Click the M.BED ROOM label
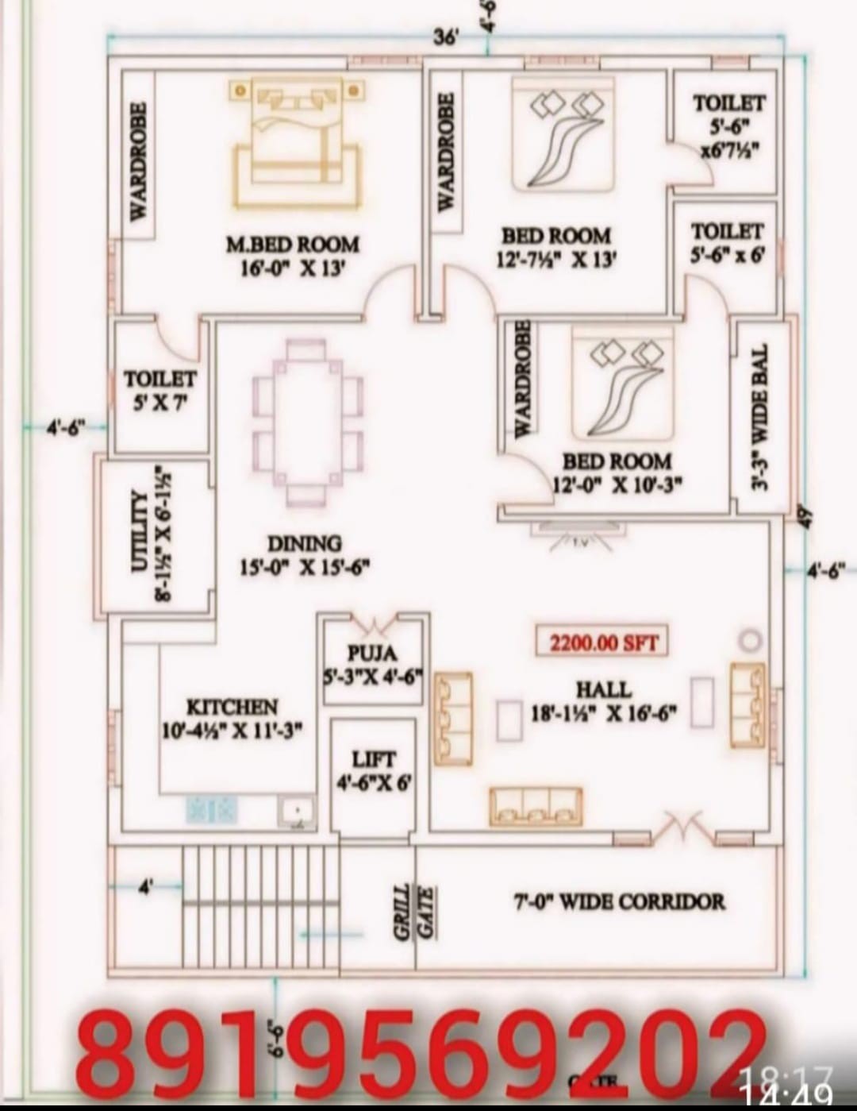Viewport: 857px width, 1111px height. tap(292, 245)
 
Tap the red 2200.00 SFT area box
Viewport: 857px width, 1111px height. tap(603, 642)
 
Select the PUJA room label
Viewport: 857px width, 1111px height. tap(372, 653)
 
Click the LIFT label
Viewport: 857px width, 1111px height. tap(373, 759)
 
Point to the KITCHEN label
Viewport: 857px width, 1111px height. tap(232, 707)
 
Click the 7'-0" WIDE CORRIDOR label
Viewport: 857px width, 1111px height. tap(618, 902)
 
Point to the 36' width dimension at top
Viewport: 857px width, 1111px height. tap(445, 37)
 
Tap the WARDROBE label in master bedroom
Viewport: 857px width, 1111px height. tap(138, 161)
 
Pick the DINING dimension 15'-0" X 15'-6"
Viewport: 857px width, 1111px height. tap(305, 568)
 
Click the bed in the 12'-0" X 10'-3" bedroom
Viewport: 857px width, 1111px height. tap(623, 389)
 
